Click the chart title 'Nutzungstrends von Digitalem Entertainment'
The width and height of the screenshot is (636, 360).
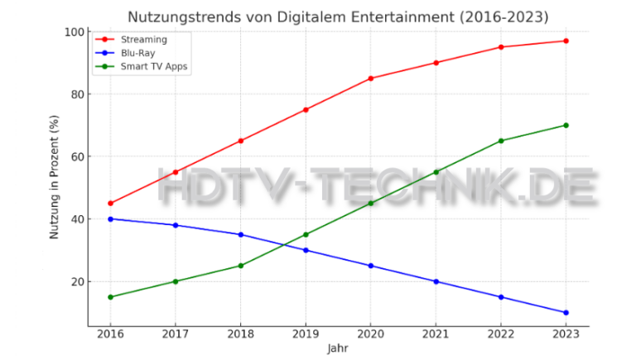[x=337, y=17]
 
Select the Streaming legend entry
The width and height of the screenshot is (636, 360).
[x=143, y=39]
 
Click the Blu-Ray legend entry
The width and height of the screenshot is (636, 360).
[x=137, y=53]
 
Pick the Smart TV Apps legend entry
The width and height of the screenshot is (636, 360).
[x=155, y=67]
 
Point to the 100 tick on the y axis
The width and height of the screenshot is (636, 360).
[x=75, y=31]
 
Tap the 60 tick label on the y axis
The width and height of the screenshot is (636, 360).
[x=77, y=156]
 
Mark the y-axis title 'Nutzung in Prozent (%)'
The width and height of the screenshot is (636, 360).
[x=55, y=179]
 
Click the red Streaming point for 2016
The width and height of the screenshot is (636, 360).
[x=110, y=203]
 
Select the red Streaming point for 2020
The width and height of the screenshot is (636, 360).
[x=370, y=79]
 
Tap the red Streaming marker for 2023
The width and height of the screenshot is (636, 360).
[x=566, y=41]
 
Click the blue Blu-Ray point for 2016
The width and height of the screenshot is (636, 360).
[x=110, y=218]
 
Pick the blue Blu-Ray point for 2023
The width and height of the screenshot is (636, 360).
[x=566, y=313]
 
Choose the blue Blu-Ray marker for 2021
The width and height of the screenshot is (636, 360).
[x=436, y=281]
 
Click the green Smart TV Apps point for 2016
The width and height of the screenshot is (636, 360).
[x=110, y=297]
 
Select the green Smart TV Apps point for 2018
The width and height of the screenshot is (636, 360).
[x=240, y=266]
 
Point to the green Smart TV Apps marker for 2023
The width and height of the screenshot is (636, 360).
[x=566, y=125]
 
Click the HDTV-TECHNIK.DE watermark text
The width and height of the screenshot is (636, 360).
[x=377, y=187]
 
